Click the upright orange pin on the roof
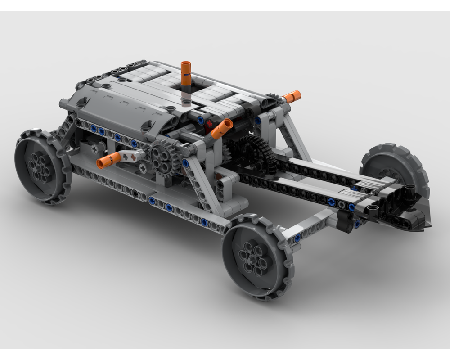pos(186,72)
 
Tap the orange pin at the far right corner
pos(292,96)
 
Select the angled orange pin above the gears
pos(222,129)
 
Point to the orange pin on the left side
pos(108,160)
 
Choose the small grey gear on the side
pos(162,156)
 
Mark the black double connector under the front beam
pos(345,222)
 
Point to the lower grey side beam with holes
pos(148,198)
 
